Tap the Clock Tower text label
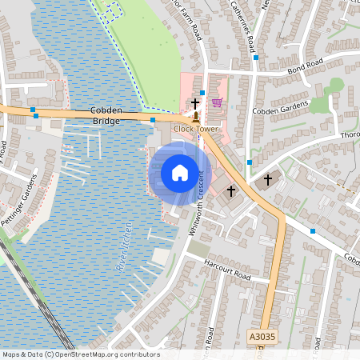coord(195,128)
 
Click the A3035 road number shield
coord(261,338)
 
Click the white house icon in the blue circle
coord(180,172)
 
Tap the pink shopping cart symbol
coord(217,102)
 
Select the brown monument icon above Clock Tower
coord(195,117)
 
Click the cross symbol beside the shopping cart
coord(194,103)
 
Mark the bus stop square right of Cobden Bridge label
coord(152,120)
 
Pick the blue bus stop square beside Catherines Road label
coord(256,58)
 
